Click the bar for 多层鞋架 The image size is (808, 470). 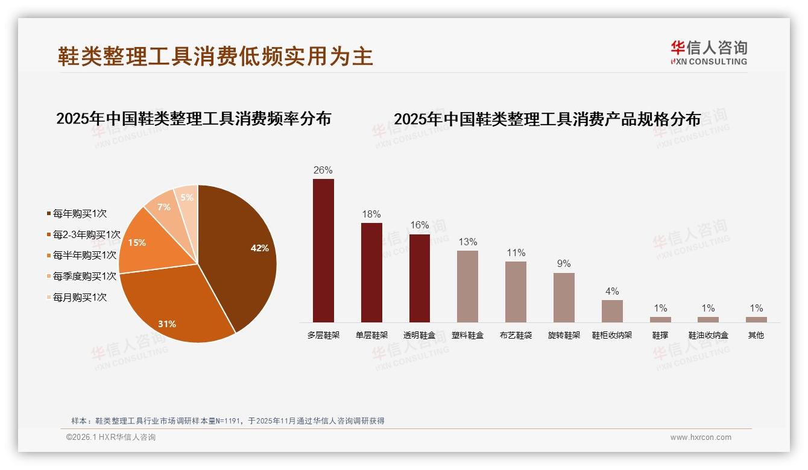coord(323,250)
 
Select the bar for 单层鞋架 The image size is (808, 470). coord(371,272)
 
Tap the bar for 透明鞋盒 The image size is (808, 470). coord(420,278)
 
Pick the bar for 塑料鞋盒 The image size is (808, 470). coord(467,286)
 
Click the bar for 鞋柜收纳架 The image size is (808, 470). coord(612,311)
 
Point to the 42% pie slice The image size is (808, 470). coord(241,253)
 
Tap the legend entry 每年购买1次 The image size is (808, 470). coord(80,213)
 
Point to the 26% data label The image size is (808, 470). coord(323,170)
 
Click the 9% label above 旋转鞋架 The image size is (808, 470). coord(564,264)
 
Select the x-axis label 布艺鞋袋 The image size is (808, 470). coord(516,335)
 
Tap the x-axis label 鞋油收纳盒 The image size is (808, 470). coord(709,335)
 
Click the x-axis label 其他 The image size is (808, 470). coord(756,335)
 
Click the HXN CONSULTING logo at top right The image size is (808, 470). coord(709,53)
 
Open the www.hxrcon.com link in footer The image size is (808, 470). coord(701,437)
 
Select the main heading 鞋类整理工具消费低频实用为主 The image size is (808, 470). coord(215,56)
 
